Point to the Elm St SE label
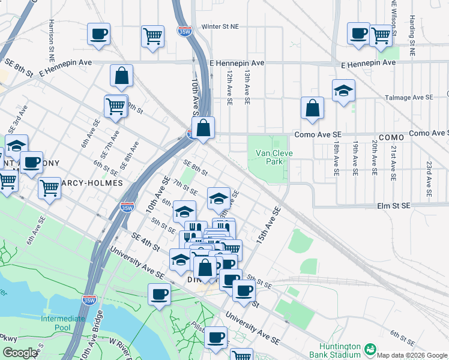pyautogui.click(x=393, y=206)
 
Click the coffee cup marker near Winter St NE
pyautogui.click(x=98, y=34)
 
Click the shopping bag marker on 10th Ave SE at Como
pyautogui.click(x=203, y=128)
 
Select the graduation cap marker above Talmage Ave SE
pyautogui.click(x=343, y=91)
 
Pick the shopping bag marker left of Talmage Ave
pyautogui.click(x=312, y=108)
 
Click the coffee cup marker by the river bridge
pyautogui.click(x=159, y=294)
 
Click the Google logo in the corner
pyautogui.click(x=20, y=353)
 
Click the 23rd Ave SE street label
pyautogui.click(x=430, y=178)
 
